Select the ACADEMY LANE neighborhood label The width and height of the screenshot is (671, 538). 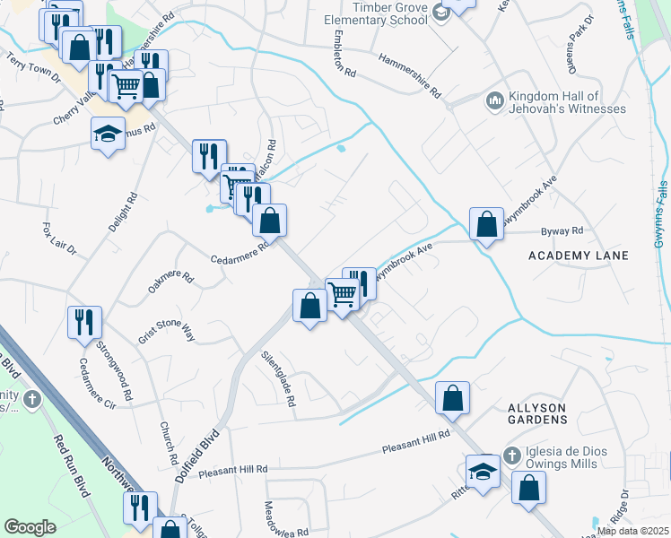[x=578, y=256]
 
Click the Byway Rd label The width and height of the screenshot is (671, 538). [x=564, y=230]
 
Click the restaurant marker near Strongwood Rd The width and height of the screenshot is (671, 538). [x=84, y=321]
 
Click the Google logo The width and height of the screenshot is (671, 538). [x=30, y=526]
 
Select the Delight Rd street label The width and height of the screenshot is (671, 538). [x=123, y=213]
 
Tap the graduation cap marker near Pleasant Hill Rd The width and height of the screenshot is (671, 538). [x=483, y=472]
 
